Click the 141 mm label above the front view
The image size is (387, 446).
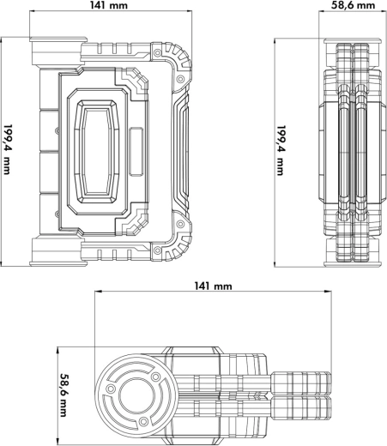tap(110, 6)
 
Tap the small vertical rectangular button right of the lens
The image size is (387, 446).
tap(136, 142)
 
